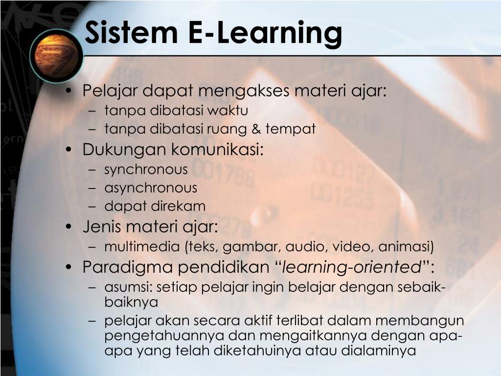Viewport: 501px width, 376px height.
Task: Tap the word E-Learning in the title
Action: coord(265,33)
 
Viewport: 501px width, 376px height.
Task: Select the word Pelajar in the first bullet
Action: coord(111,91)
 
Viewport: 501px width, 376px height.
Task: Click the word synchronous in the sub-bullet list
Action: coord(146,170)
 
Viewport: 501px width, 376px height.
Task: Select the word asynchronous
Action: coord(151,188)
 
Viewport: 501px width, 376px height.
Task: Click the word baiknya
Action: coord(131,302)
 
